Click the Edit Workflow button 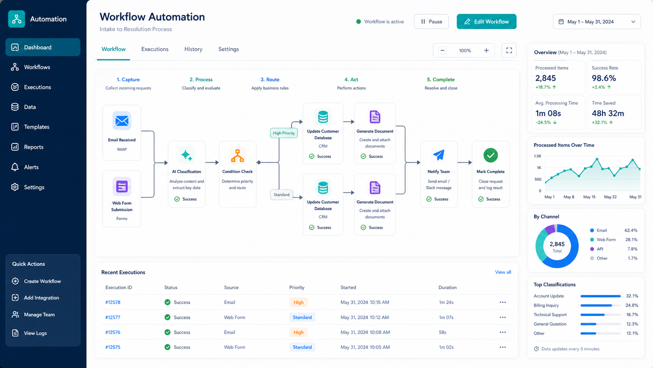(486, 22)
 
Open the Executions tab (155, 49)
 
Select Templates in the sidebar (36, 127)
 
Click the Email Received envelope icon (122, 120)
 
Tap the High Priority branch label (284, 133)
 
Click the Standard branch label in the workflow (281, 195)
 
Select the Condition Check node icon (237, 156)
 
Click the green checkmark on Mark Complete (491, 155)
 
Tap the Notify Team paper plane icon (439, 155)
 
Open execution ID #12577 (112, 317)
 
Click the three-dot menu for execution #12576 (503, 332)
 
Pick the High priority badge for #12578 (298, 302)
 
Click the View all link (503, 272)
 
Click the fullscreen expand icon (509, 50)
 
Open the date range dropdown (597, 22)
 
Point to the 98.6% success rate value (604, 78)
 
